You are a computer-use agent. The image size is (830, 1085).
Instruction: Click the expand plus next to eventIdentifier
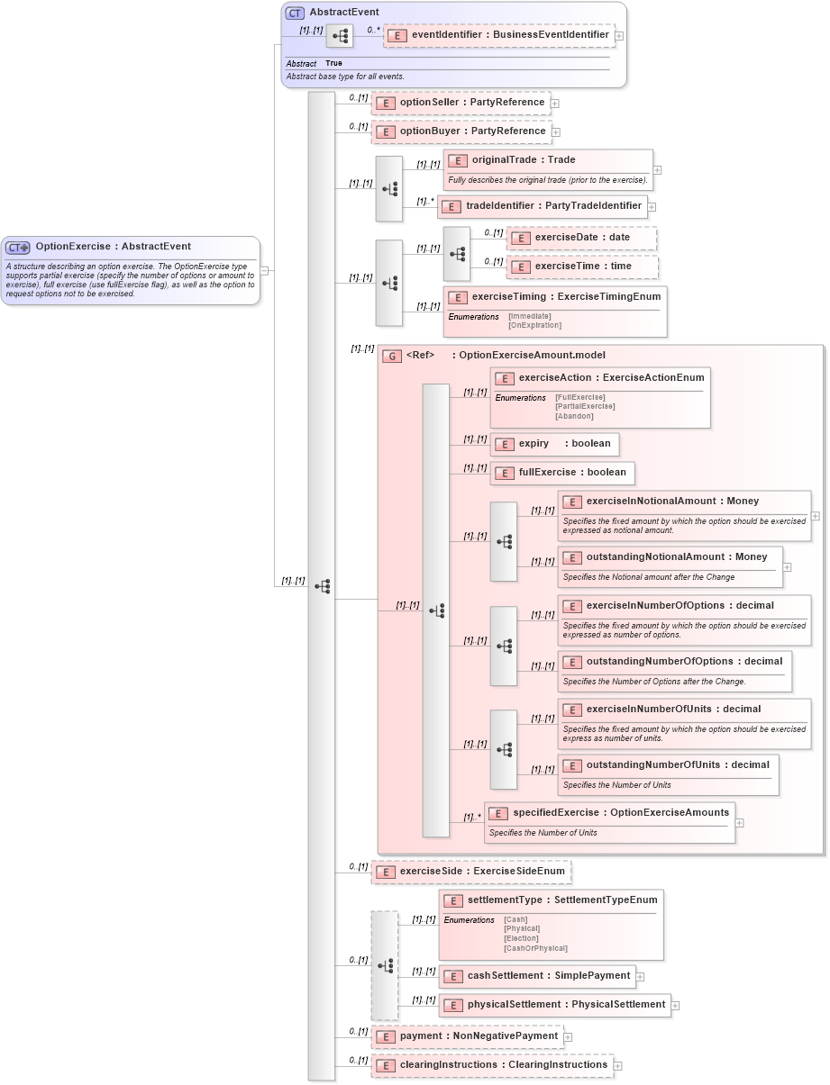[x=619, y=36]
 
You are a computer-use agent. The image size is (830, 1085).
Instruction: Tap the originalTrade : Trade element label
[x=524, y=160]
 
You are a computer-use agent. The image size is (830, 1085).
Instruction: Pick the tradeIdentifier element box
[x=543, y=206]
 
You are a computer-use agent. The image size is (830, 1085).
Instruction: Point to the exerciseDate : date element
[x=582, y=238]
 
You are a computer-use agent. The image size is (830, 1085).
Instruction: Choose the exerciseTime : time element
[x=582, y=267]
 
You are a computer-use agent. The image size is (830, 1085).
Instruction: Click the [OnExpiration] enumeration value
[x=534, y=325]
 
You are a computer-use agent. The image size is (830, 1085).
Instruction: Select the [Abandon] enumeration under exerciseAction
[x=574, y=416]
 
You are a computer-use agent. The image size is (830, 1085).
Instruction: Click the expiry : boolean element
[x=555, y=444]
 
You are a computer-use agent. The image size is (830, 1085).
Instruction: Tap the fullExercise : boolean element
[x=562, y=473]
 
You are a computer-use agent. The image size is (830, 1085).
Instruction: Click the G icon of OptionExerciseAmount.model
[x=391, y=356]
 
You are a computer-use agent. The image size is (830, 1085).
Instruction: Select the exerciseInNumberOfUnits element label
[x=673, y=710]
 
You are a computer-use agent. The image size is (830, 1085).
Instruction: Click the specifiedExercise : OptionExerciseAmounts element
[x=610, y=813]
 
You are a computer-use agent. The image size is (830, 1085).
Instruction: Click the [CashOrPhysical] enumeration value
[x=535, y=948]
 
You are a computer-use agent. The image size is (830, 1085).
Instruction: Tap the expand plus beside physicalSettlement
[x=675, y=1005]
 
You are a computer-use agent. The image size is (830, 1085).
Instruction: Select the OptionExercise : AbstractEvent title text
[x=113, y=247]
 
